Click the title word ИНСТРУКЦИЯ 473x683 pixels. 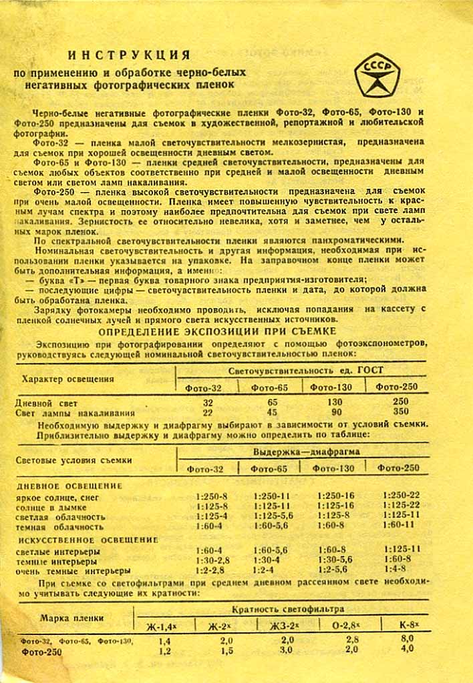click(130, 55)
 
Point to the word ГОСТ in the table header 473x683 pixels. click(370, 370)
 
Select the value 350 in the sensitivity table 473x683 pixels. click(401, 412)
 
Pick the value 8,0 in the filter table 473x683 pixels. click(407, 639)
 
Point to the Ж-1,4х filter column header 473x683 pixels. click(161, 626)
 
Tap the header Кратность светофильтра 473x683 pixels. click(288, 610)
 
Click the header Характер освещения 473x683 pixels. click(67, 379)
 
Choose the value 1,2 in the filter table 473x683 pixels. click(165, 650)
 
